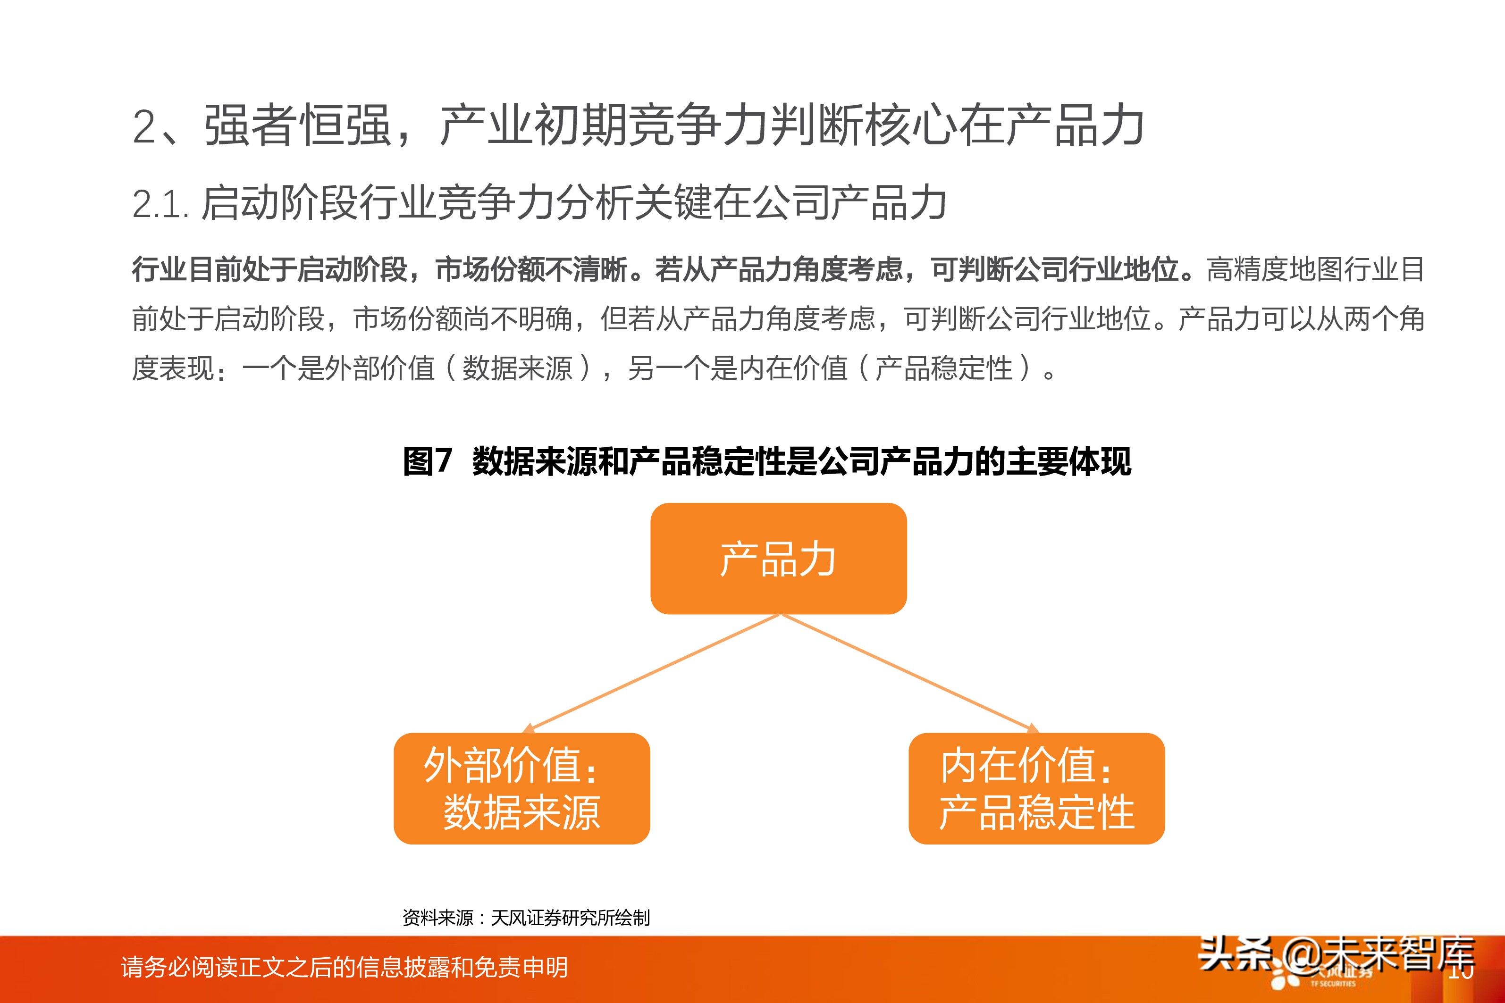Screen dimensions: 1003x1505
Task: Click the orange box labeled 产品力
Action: tap(778, 559)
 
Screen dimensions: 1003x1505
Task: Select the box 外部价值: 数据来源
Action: tap(521, 788)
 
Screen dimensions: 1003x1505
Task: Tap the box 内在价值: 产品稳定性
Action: tap(1036, 788)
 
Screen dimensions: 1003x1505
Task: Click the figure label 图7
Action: tap(427, 461)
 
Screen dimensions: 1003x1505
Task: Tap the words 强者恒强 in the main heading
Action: tap(297, 126)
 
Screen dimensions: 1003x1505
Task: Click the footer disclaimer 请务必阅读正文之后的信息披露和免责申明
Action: tap(344, 967)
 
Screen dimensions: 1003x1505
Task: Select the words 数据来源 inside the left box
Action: tap(521, 812)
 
